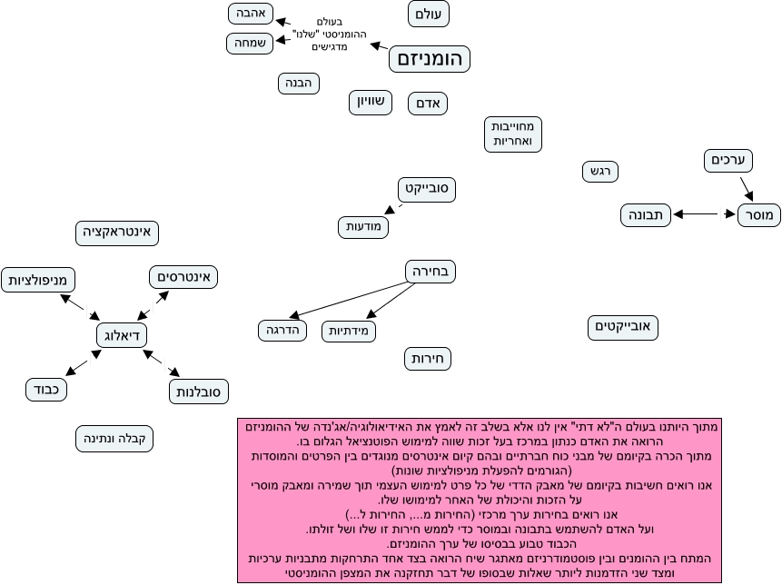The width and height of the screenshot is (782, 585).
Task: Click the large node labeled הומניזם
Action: click(431, 60)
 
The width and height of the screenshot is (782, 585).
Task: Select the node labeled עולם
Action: click(429, 14)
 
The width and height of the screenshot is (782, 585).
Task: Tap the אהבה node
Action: click(250, 14)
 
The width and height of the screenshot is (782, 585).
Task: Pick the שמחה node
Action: click(249, 43)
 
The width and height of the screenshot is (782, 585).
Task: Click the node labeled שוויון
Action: click(371, 103)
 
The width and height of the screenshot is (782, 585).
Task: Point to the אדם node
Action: click(428, 104)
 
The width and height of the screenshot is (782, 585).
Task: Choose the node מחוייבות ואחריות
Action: click(513, 134)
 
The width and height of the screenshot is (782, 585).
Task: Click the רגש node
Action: click(599, 171)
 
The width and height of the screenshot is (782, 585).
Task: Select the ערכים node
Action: click(728, 161)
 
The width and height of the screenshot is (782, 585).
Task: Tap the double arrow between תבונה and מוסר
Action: click(704, 215)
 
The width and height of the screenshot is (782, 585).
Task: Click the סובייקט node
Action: click(427, 189)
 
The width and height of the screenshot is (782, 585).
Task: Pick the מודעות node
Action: click(364, 226)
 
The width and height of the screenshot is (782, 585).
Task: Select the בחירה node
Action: click(431, 271)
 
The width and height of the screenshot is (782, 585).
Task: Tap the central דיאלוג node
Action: click(122, 335)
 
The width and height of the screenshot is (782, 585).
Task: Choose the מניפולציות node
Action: click(37, 280)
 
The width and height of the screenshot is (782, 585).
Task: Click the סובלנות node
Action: click(199, 392)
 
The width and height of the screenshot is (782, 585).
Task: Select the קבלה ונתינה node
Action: click(115, 440)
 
